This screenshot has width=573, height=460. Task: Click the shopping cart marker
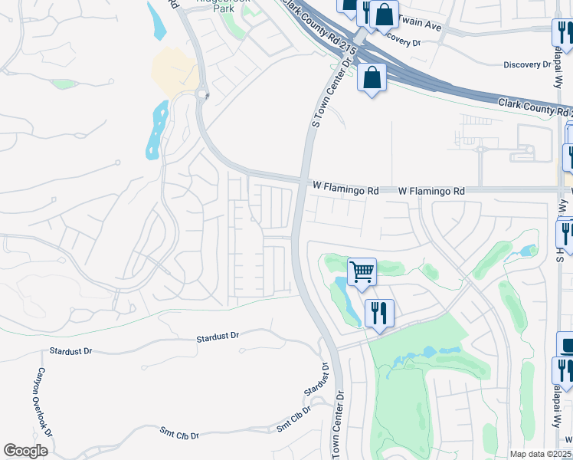click(362, 271)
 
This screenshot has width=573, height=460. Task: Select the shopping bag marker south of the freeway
click(372, 77)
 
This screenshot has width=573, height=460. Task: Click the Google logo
click(25, 451)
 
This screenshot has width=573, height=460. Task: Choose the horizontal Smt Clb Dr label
click(179, 435)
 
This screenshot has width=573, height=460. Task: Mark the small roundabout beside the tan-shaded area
click(202, 94)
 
